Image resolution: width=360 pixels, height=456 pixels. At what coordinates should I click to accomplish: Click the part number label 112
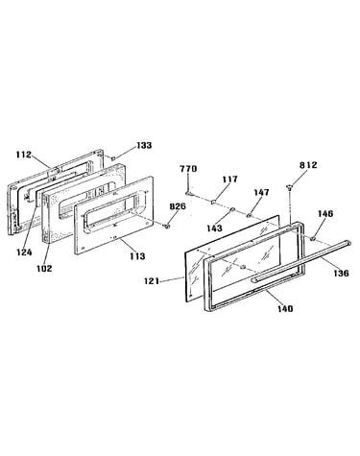point(24,155)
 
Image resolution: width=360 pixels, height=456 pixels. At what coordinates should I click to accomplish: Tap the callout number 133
point(144,145)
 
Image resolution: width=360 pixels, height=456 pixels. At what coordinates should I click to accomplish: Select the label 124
point(25,252)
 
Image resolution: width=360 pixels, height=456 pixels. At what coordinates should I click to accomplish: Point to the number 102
point(44,268)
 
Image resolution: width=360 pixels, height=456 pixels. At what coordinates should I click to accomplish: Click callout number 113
point(137,256)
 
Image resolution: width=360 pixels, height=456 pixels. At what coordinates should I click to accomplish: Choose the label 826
point(178,206)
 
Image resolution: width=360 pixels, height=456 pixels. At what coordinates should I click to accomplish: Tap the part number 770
point(188,169)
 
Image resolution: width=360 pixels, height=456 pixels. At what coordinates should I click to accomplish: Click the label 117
point(230,180)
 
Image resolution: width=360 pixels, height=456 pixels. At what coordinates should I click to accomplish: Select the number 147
point(262,192)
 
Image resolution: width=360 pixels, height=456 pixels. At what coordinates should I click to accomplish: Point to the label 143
point(214,228)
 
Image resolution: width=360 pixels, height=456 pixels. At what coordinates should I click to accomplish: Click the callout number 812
point(308,165)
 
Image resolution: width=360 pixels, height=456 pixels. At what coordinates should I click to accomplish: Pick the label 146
point(325,213)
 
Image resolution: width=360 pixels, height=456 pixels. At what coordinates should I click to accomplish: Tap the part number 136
point(341,273)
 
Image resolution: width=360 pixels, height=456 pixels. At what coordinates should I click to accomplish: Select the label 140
point(285,308)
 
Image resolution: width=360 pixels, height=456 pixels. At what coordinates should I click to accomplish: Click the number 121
point(152,281)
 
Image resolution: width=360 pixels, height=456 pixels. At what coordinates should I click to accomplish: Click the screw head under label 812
point(289,186)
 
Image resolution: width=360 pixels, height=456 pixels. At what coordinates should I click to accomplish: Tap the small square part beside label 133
point(112,157)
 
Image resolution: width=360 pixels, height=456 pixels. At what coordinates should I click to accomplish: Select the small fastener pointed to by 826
point(166,227)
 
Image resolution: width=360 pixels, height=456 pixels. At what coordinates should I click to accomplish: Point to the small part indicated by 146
point(313,238)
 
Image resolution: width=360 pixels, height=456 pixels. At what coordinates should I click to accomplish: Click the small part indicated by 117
point(212,202)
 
